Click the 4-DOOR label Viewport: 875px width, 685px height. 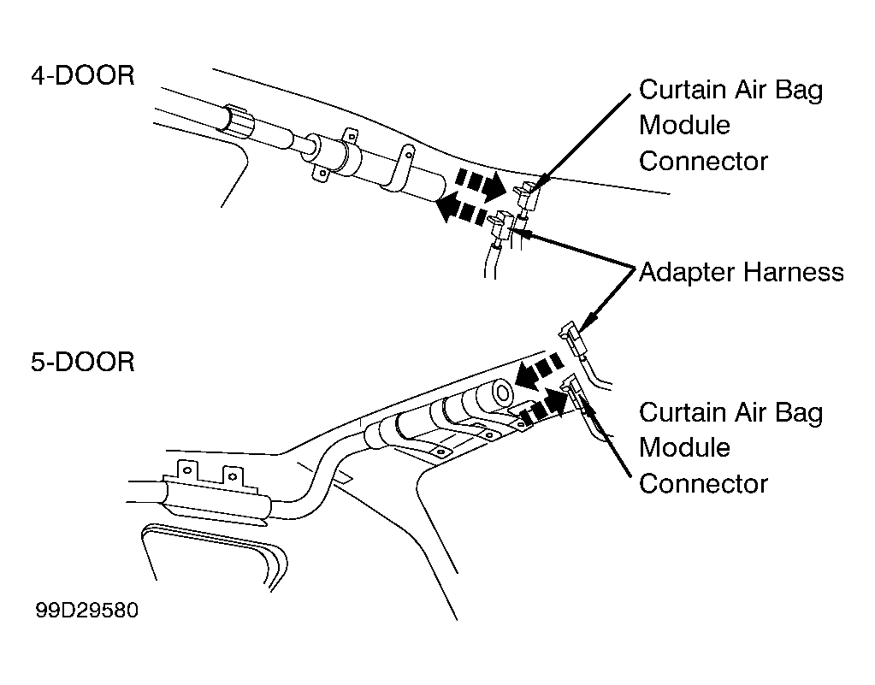(83, 75)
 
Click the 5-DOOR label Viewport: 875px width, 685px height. (83, 362)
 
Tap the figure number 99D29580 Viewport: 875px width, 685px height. (86, 611)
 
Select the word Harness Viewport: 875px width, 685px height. (794, 272)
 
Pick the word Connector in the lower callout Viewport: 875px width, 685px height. (703, 484)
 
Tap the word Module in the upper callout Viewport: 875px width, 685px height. (684, 125)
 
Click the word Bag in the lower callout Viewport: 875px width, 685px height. (799, 414)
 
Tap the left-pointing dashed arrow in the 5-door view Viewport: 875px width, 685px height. (540, 370)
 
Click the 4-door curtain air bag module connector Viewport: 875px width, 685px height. (528, 196)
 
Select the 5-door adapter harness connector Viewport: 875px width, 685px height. (572, 340)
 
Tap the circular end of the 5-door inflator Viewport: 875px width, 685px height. (502, 393)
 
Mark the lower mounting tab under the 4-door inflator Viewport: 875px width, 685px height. (322, 173)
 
